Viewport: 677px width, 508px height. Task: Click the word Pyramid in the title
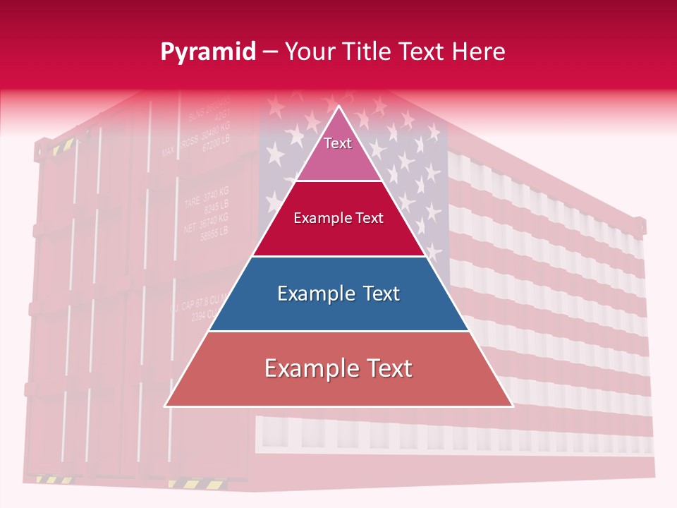tap(208, 52)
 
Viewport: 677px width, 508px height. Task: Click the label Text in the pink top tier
tap(338, 143)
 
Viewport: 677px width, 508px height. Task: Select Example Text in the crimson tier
tap(338, 218)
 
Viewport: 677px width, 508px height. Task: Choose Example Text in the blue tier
tap(338, 294)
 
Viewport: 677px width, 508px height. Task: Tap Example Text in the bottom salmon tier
tap(338, 368)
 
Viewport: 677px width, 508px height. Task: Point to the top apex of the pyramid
tap(339, 107)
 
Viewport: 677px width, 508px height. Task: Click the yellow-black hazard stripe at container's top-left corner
tap(63, 146)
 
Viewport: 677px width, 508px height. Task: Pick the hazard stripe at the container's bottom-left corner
tap(47, 480)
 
